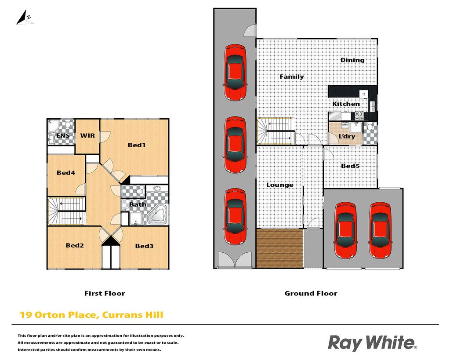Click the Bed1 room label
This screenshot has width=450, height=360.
137,145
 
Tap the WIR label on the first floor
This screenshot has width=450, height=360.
87,135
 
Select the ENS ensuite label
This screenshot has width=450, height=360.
62,135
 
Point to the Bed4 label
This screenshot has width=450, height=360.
66,173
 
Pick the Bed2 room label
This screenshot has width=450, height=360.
75,245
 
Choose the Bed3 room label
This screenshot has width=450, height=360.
144,246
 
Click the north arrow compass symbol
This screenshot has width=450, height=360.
25,18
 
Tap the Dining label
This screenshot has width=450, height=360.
352,60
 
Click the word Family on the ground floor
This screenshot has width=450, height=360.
292,76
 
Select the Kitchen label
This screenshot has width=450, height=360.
346,104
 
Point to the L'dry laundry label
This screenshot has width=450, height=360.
347,136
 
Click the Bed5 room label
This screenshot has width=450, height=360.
350,166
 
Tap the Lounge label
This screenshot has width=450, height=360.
280,185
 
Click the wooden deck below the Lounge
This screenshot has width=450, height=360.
280,249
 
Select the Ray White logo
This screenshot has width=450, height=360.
372,343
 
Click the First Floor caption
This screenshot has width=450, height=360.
105,293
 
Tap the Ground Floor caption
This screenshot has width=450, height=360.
311,293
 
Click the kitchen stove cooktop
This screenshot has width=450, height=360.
359,116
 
